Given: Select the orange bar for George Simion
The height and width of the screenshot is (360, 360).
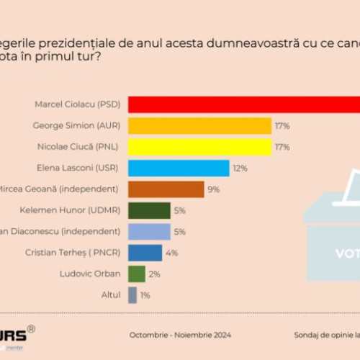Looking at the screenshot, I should (x=199, y=126).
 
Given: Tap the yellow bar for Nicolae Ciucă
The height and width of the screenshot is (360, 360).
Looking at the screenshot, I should (x=199, y=147).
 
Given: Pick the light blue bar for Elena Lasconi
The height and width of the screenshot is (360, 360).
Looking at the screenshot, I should (x=179, y=168).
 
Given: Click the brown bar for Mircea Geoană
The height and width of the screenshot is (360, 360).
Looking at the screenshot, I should (x=166, y=189).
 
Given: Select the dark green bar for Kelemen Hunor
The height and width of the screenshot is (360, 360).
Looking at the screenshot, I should (x=149, y=210).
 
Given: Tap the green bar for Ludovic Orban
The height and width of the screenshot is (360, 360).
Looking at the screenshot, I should (x=136, y=274).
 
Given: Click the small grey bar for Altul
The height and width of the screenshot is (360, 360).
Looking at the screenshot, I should (x=132, y=295).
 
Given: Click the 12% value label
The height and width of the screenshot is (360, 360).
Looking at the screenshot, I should (x=240, y=168).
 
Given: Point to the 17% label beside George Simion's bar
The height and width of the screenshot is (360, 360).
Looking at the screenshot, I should (x=282, y=126).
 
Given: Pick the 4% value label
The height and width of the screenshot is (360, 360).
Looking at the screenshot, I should (x=172, y=253).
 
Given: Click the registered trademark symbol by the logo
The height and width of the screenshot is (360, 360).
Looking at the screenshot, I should (x=30, y=330).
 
